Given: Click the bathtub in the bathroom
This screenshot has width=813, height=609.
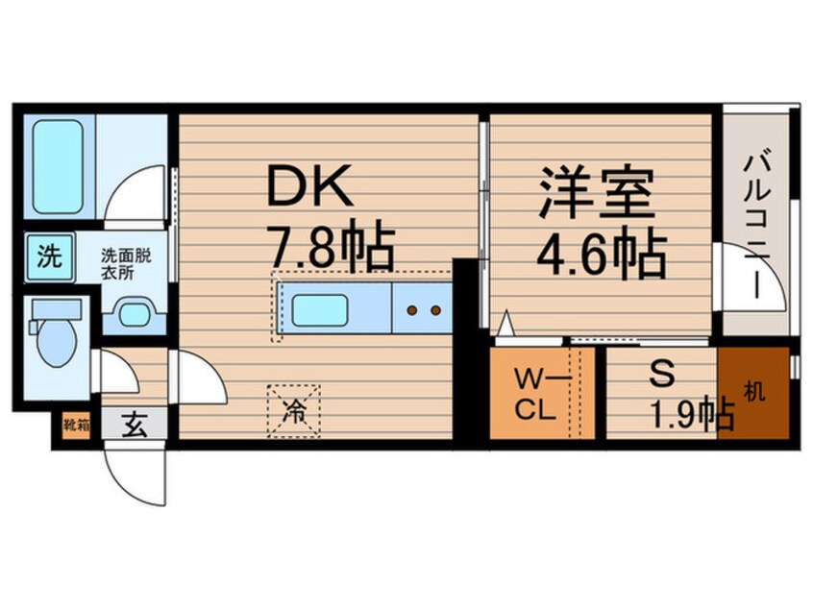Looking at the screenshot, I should (57, 167).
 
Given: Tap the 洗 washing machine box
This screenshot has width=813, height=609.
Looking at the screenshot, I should (48, 256).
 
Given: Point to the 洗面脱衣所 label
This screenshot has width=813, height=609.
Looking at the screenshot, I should (134, 265).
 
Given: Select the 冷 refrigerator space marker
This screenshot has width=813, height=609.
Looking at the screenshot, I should (295, 411).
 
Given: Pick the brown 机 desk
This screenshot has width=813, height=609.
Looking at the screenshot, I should (752, 393).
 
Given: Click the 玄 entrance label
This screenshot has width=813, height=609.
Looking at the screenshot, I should (134, 425).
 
